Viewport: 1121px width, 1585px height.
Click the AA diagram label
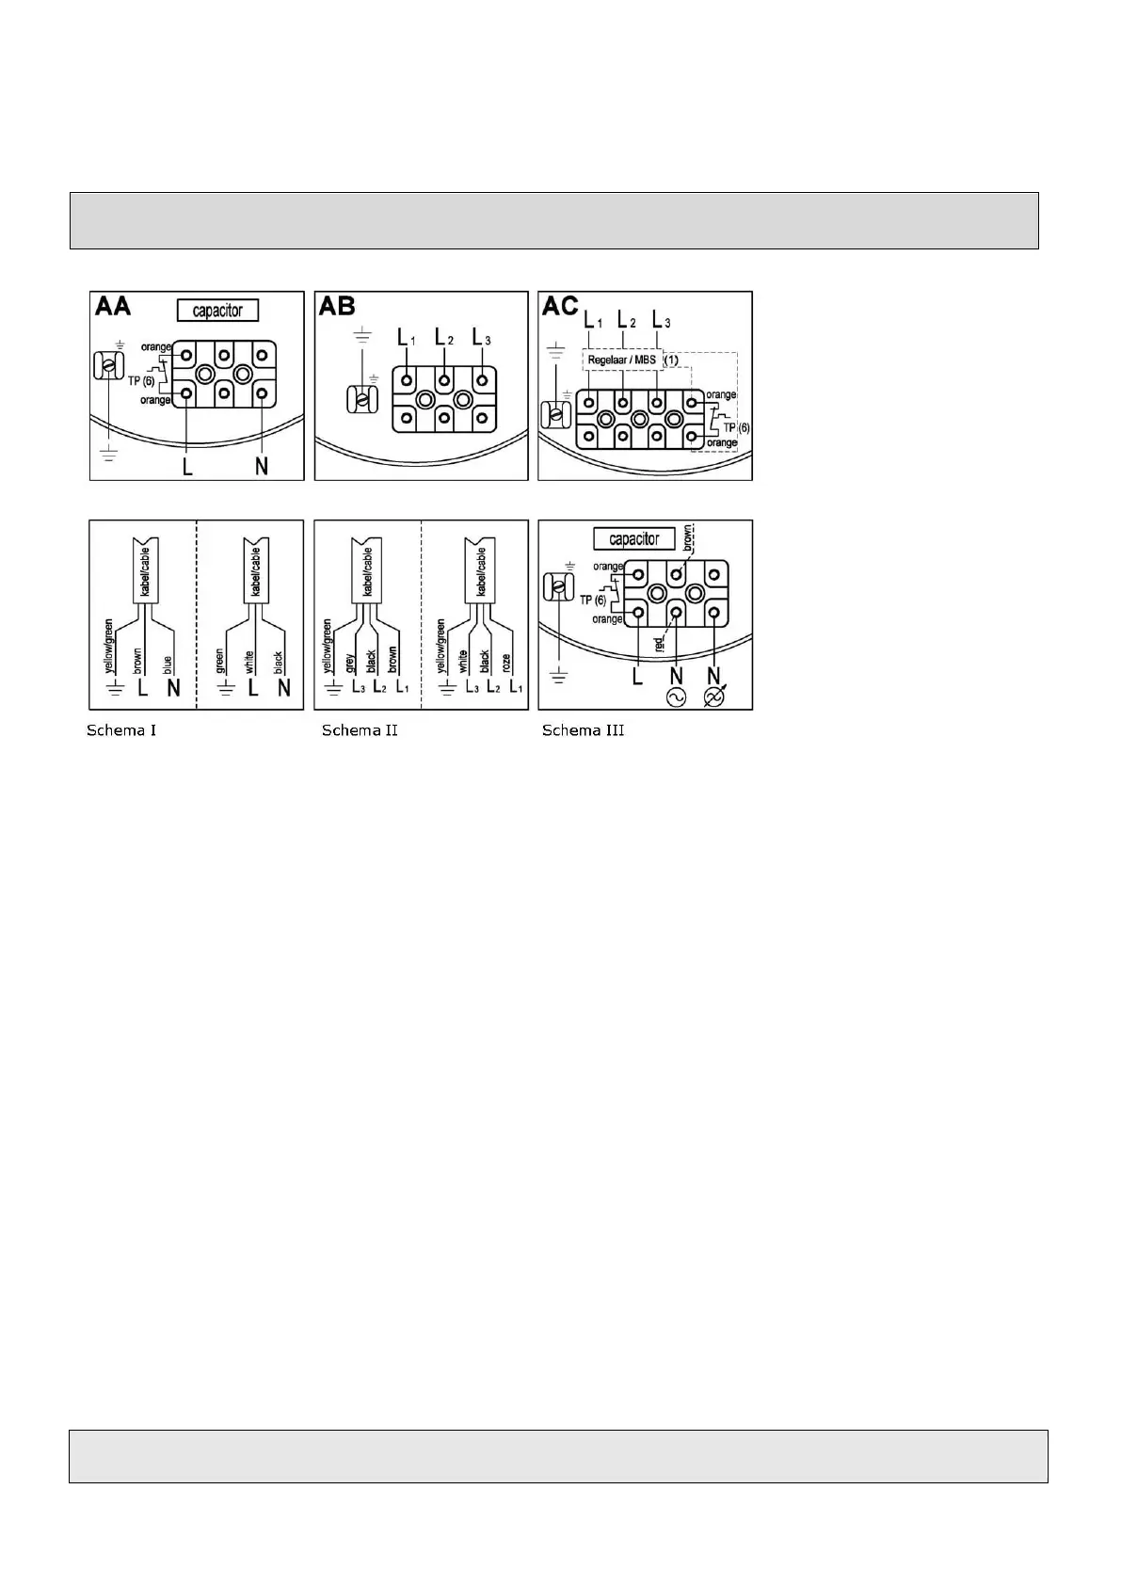tap(113, 307)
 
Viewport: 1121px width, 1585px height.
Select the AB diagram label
tap(337, 307)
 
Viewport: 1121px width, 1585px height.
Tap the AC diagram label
tap(560, 307)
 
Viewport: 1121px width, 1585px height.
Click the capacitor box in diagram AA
tap(217, 311)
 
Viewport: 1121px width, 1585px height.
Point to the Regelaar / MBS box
tap(621, 360)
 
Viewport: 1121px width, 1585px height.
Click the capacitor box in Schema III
tap(634, 539)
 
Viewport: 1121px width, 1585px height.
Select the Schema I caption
tap(121, 730)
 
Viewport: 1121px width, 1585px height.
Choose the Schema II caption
tap(360, 730)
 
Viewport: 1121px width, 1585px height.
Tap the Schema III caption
tap(583, 730)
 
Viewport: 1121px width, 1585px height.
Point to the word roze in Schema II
tap(507, 663)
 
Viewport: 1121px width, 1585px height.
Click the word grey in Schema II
tap(350, 663)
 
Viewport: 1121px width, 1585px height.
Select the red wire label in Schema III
tap(659, 644)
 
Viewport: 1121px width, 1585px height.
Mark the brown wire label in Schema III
tap(688, 537)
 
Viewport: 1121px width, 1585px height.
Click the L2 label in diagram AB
tap(443, 337)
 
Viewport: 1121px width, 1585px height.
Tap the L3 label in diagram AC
tap(661, 320)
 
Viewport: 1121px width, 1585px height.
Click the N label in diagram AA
tap(262, 465)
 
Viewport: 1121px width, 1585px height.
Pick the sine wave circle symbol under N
tap(676, 697)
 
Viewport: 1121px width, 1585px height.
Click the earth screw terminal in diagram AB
tap(360, 400)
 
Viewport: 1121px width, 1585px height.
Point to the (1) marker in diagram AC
tap(671, 360)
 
